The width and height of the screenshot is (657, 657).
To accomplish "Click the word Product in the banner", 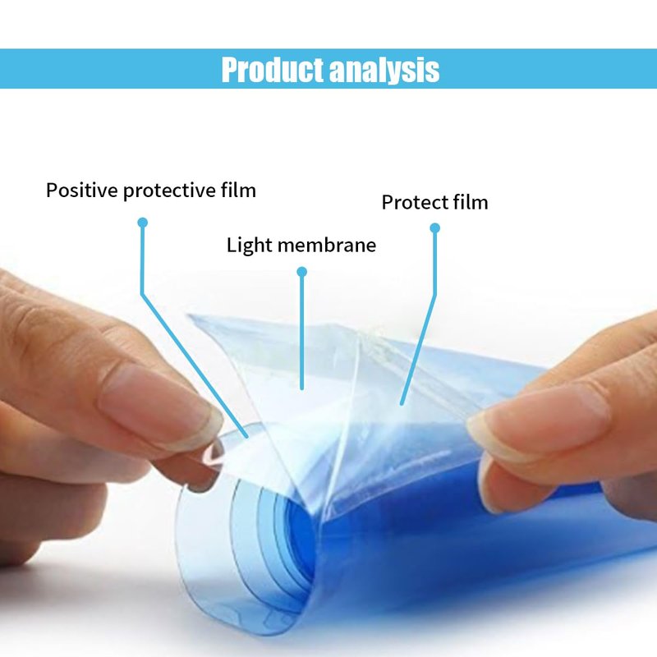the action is [x=273, y=70].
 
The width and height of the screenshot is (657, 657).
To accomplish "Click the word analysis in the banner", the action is [x=384, y=71].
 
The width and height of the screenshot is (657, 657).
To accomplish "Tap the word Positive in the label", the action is [x=82, y=191].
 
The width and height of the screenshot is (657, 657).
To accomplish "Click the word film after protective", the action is [x=238, y=190].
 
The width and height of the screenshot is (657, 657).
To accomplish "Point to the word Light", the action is [x=250, y=245].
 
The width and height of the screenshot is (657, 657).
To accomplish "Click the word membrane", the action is [x=327, y=245].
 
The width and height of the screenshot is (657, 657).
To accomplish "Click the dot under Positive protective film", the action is [x=142, y=223].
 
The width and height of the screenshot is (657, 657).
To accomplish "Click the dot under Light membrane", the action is [x=301, y=272].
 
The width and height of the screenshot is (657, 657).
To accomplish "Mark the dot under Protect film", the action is [x=435, y=228].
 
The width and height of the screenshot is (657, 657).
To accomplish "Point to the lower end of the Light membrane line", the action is [x=301, y=388].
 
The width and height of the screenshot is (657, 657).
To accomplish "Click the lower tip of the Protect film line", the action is [x=402, y=403].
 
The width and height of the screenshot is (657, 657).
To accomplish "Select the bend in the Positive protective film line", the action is [x=142, y=294].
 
